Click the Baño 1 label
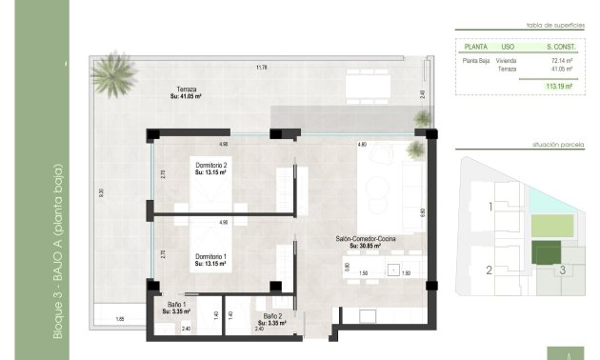[175, 307]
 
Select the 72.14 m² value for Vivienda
[548, 59]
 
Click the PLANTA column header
[475, 45]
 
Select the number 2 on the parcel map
[489, 270]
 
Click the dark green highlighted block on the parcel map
[545, 252]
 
